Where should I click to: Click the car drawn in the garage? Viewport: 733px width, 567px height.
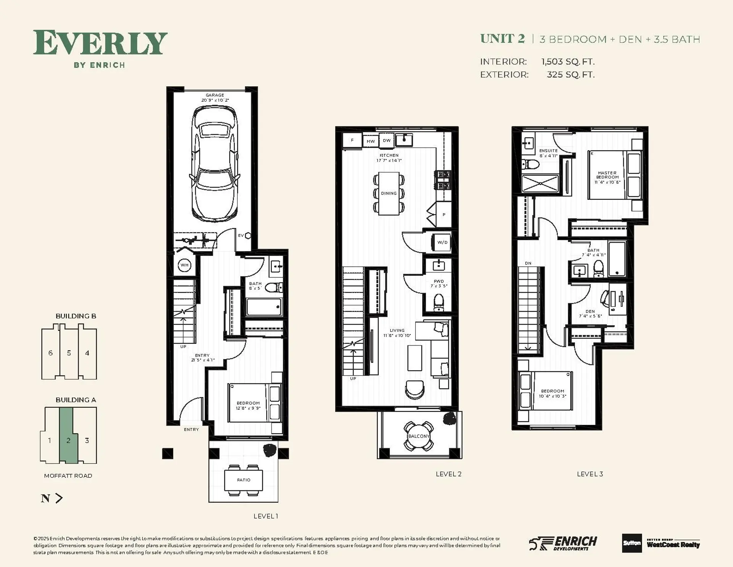pyautogui.click(x=215, y=164)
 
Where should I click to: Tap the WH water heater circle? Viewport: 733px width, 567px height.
pyautogui.click(x=184, y=265)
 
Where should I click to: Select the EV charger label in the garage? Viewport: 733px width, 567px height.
pyautogui.click(x=241, y=235)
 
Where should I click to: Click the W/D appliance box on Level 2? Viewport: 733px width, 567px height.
pyautogui.click(x=442, y=242)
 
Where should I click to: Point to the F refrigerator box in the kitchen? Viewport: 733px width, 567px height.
pyautogui.click(x=352, y=140)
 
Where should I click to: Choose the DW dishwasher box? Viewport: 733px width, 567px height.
pyautogui.click(x=387, y=140)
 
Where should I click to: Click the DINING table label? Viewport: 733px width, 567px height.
pyautogui.click(x=389, y=193)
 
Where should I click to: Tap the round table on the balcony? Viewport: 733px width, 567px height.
pyautogui.click(x=419, y=436)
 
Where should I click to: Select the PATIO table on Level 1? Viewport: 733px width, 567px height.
pyautogui.click(x=244, y=480)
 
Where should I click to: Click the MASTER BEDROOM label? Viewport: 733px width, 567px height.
pyautogui.click(x=607, y=175)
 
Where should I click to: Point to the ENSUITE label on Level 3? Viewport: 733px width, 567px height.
pyautogui.click(x=548, y=151)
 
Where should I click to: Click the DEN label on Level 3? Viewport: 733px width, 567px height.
pyautogui.click(x=590, y=311)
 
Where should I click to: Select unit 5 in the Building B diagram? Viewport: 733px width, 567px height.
pyautogui.click(x=69, y=353)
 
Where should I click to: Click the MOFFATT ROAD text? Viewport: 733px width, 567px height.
pyautogui.click(x=68, y=476)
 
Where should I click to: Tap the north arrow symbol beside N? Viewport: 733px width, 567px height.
pyautogui.click(x=59, y=498)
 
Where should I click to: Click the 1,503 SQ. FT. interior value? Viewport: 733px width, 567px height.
pyautogui.click(x=568, y=62)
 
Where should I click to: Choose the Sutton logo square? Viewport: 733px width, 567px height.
pyautogui.click(x=631, y=543)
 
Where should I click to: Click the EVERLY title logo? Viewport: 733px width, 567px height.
pyautogui.click(x=100, y=43)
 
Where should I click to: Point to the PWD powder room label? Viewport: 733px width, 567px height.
pyautogui.click(x=439, y=281)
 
